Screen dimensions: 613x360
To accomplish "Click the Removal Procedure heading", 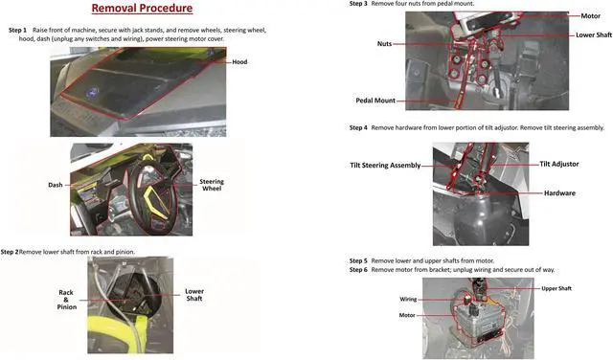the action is pos(142,9).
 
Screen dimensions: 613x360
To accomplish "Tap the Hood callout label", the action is pos(239,62).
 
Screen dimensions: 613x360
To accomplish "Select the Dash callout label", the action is pos(56,185).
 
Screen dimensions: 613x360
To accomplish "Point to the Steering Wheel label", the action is pos(212,185).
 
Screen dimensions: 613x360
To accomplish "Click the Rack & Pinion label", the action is pos(66,300).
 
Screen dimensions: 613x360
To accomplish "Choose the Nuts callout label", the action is pos(384,44).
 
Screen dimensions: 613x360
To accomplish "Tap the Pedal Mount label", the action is pos(375,101).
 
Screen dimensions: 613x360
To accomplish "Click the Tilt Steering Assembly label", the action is pos(385,166).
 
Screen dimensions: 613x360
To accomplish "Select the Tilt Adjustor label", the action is pos(559,164).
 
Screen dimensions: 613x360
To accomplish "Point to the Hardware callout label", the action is pos(559,193).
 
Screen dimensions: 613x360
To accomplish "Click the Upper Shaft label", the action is pos(556,288).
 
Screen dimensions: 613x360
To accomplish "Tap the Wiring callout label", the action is pos(408,300).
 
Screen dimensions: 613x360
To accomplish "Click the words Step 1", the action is pos(17,30).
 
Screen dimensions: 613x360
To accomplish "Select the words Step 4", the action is pos(358,127).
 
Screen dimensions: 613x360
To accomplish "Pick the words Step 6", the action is pos(358,270).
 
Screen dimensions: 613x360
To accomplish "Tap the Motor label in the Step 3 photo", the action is pos(590,16).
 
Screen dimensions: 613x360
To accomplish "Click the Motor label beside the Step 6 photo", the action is pos(407,315).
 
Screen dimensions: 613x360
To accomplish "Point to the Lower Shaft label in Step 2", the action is pos(194,295).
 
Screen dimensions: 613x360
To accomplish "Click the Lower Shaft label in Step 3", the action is pos(594,35).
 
